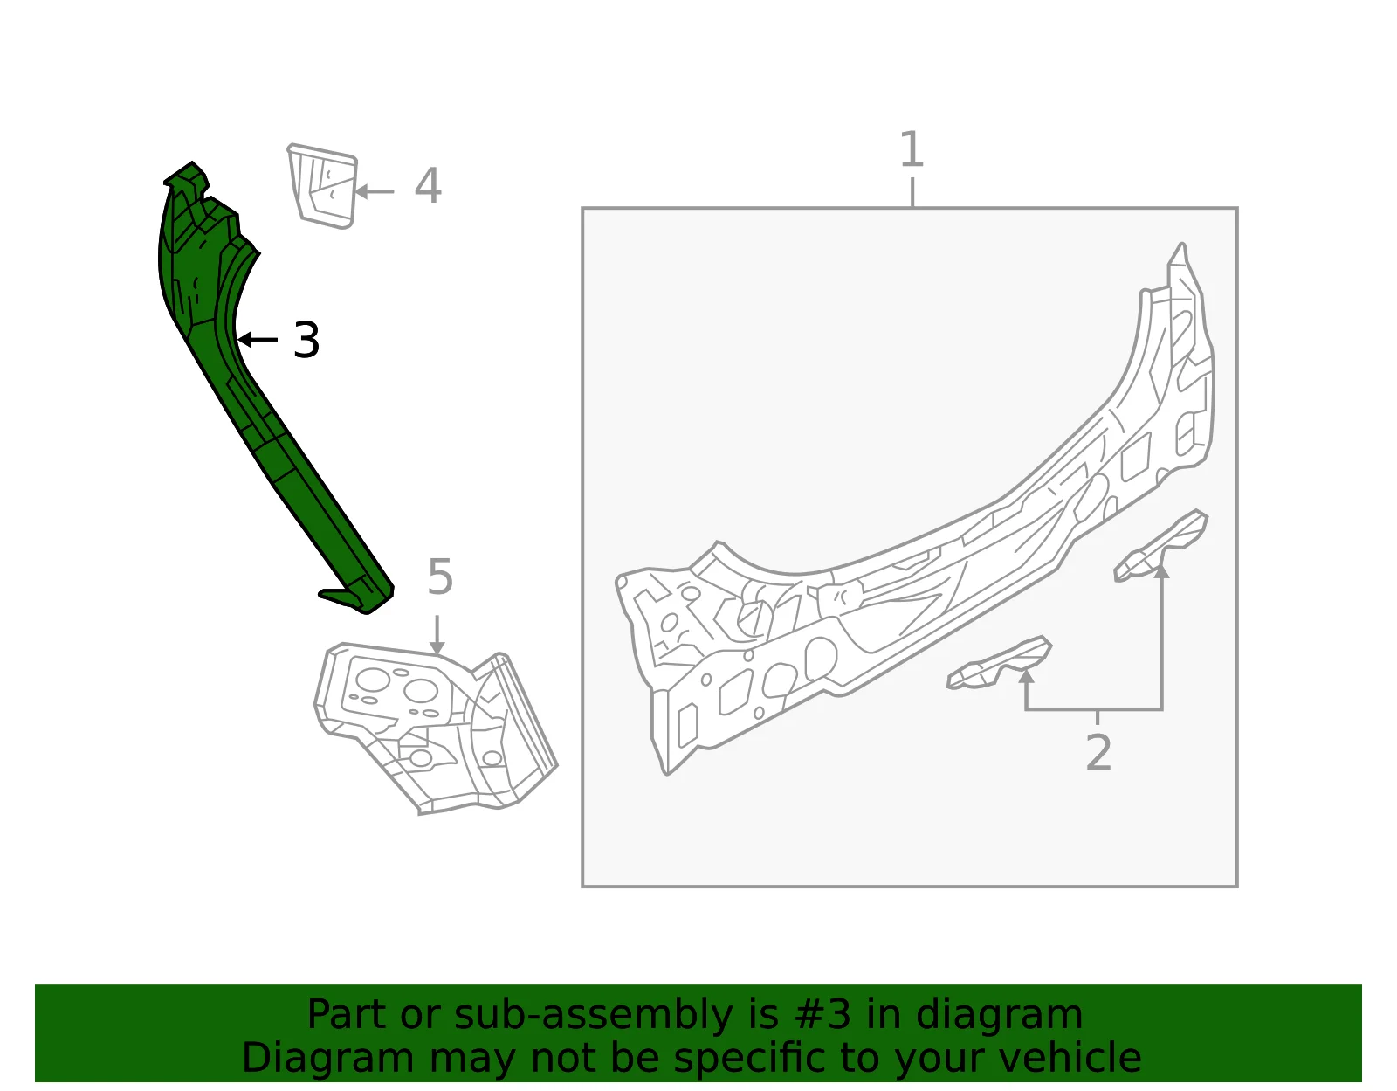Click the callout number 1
pos(912,149)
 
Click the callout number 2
pos(1098,752)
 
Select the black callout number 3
pos(306,340)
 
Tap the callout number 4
pos(428,186)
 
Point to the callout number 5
pos(440,577)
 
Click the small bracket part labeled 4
pos(323,186)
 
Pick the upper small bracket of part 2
pos(1161,547)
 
